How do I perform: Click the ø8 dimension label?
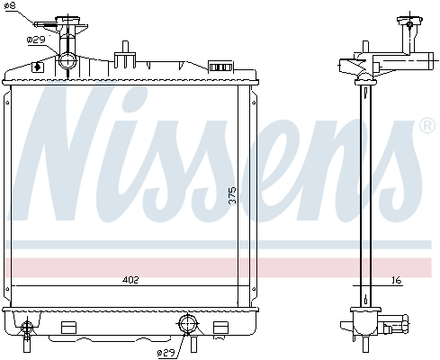[x=10, y=7]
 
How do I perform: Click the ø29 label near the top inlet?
[x=36, y=40]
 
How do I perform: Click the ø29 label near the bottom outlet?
[x=166, y=352]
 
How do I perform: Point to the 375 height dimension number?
[x=231, y=196]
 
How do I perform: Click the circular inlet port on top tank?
[x=69, y=61]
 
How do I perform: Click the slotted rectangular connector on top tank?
[x=220, y=66]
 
